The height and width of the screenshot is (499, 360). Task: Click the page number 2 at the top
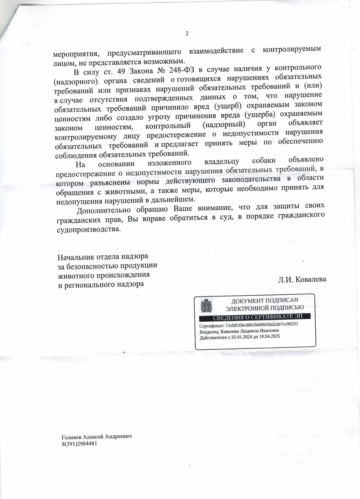(x=187, y=34)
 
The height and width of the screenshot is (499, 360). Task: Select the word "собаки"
(x=264, y=160)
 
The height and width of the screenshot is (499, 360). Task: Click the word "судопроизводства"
(x=89, y=229)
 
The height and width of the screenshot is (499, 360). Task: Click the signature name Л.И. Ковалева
(x=302, y=279)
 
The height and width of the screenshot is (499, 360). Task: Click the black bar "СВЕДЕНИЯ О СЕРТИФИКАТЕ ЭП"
(x=257, y=317)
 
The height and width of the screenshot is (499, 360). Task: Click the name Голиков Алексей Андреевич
(x=96, y=436)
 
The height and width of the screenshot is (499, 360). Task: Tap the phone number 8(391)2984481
(x=79, y=443)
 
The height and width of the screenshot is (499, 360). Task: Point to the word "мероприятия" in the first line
(x=75, y=54)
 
